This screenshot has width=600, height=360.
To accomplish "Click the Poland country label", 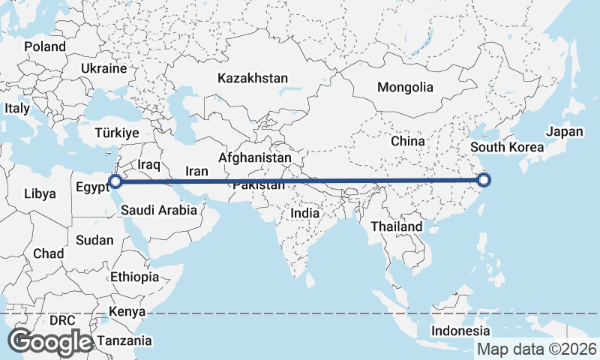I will [x=45, y=46].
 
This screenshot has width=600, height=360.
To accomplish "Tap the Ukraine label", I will [x=104, y=68].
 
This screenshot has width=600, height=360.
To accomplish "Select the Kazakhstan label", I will [x=253, y=78].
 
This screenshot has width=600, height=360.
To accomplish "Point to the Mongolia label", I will [x=405, y=87].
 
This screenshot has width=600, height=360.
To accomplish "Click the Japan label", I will [x=564, y=132].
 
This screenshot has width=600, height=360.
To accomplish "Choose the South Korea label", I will [x=507, y=147].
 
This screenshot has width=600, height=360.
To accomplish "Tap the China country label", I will [x=408, y=141].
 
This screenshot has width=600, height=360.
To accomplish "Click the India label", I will [x=305, y=213].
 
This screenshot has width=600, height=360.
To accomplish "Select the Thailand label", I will [x=397, y=226].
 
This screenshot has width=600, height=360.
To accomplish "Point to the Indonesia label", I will [x=461, y=331].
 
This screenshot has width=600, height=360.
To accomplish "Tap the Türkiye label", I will [x=117, y=133].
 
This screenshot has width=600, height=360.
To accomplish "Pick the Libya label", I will [x=40, y=193].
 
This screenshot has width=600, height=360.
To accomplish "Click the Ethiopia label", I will [x=134, y=277].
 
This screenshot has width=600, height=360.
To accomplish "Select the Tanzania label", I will [x=124, y=340].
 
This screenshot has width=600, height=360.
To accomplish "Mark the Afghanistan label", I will [x=255, y=158].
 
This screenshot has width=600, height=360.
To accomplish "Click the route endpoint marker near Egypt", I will [x=115, y=181].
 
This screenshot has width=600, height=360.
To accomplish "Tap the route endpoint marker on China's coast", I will [x=484, y=180].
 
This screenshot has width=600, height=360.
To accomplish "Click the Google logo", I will [x=50, y=341].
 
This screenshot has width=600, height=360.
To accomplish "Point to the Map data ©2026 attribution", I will [x=537, y=349].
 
